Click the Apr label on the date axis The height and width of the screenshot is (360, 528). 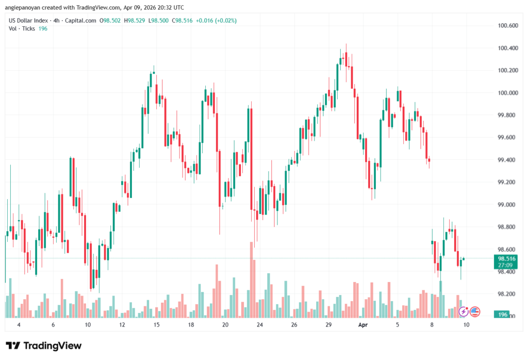[362, 325]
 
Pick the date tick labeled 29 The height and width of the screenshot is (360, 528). [328, 325]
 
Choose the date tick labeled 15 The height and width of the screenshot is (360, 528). [156, 325]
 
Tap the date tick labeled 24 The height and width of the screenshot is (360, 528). [259, 325]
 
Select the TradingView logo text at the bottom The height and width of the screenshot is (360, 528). [44, 346]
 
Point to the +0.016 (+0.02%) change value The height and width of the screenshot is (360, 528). [217, 21]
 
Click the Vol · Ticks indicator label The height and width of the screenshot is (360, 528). [21, 28]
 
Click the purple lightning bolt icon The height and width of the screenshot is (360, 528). [464, 312]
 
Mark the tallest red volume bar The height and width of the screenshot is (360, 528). [252, 279]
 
